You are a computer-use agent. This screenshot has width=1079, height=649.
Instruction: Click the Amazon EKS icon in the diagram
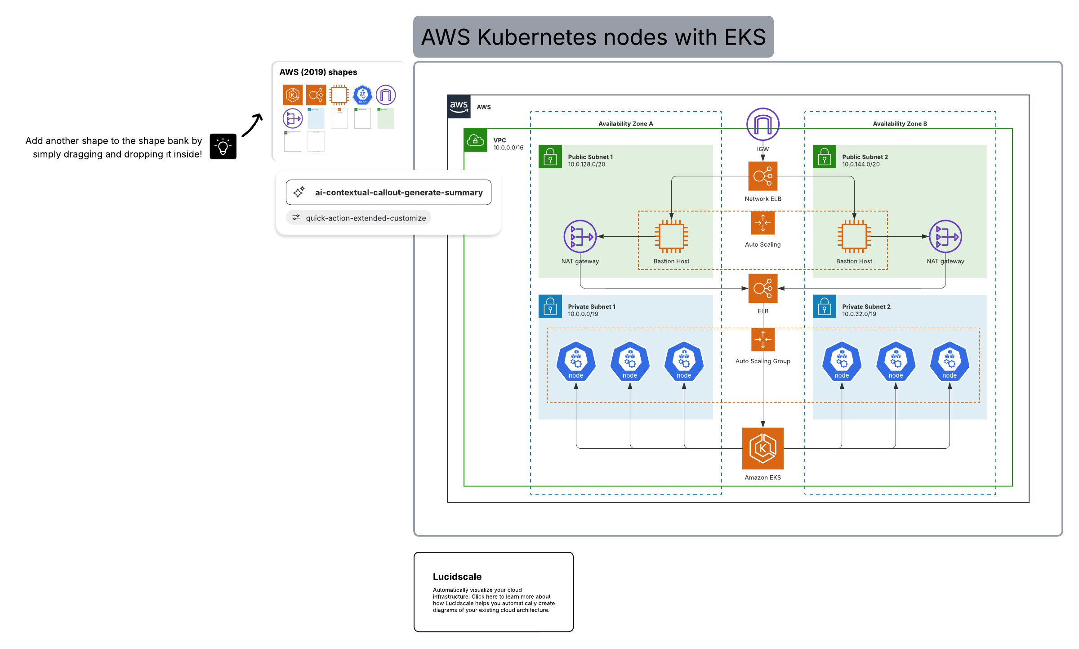[762, 448]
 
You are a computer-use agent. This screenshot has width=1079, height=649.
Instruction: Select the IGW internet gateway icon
[762, 124]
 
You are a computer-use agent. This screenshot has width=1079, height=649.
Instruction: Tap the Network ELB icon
[762, 176]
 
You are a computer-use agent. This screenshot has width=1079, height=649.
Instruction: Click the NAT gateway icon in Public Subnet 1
[580, 236]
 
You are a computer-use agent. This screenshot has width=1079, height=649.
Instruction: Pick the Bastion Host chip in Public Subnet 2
[854, 236]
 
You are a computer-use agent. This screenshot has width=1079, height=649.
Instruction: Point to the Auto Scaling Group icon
[762, 339]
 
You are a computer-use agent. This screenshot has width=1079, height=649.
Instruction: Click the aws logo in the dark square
[459, 107]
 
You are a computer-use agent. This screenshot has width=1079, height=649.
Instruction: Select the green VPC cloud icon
[475, 140]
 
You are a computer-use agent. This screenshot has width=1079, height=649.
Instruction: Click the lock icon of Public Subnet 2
[825, 157]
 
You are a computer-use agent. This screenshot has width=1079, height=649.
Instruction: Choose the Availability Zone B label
[900, 124]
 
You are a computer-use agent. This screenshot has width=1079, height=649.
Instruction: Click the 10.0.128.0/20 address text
[586, 164]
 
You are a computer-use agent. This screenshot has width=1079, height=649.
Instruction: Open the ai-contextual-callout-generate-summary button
[388, 193]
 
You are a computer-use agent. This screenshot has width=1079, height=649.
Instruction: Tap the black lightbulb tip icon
[223, 146]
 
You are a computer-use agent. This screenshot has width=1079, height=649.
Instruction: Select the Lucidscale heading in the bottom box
[457, 577]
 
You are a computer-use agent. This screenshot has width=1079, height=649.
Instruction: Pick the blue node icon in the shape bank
[362, 95]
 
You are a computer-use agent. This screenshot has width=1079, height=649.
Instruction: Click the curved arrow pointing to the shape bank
[252, 125]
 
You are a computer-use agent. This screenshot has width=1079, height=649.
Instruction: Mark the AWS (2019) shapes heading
[318, 72]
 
